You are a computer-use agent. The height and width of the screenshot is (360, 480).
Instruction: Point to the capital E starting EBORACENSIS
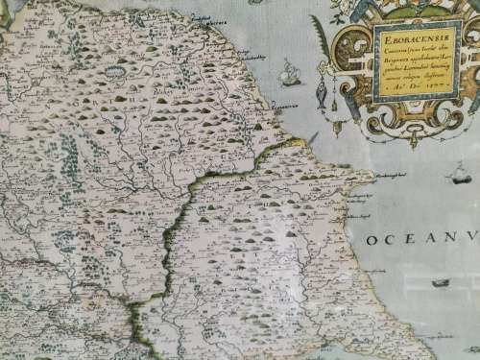(x=370, y=41)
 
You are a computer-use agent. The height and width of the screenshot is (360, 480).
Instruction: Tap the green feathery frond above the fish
(x=317, y=43)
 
